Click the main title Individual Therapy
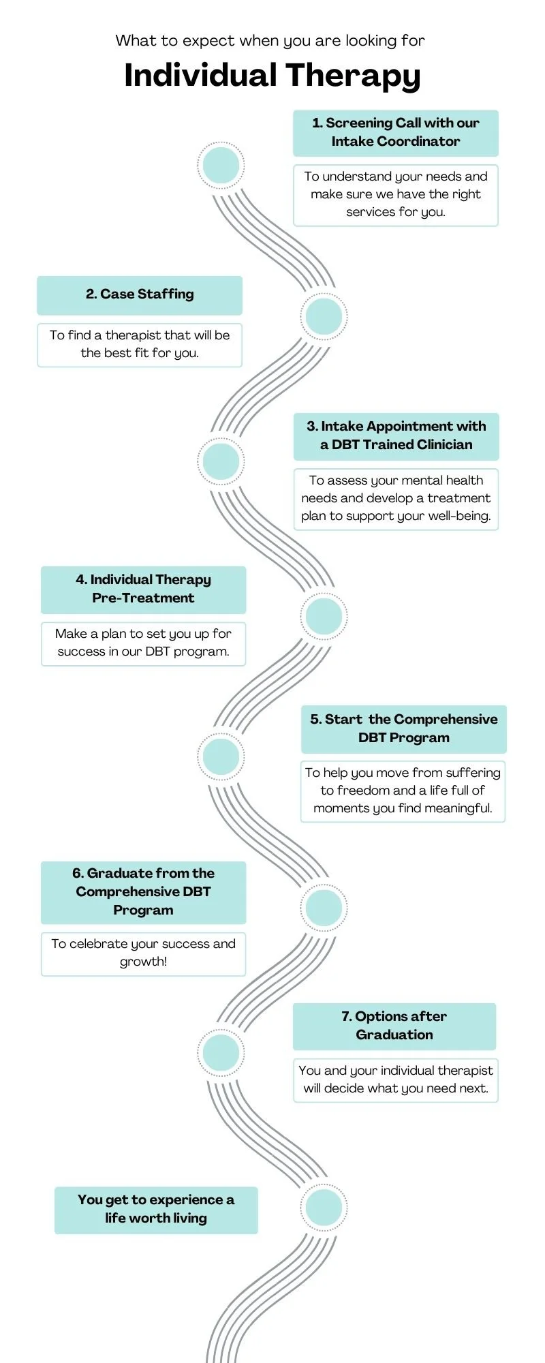pos(272,76)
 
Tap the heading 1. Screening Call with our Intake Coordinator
pos(395,132)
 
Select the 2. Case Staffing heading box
pos(140,294)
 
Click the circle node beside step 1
pos(221,165)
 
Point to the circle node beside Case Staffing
pos(324,316)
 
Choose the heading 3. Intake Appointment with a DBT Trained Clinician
pos(396,435)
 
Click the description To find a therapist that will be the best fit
pos(140,344)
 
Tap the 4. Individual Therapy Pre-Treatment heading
pos(143,589)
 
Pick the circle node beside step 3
pos(221,461)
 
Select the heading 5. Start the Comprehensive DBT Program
pos(403,729)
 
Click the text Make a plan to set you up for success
pos(143,643)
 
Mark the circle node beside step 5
pos(221,756)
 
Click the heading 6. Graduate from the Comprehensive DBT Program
pos(143,891)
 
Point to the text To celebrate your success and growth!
pos(143,953)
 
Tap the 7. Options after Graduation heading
pos(394,1026)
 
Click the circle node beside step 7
pos(221,1052)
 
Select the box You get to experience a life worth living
pos(156,1209)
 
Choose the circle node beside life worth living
pos(324,1208)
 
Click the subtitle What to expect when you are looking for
pos(270,41)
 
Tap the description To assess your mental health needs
pos(396,498)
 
